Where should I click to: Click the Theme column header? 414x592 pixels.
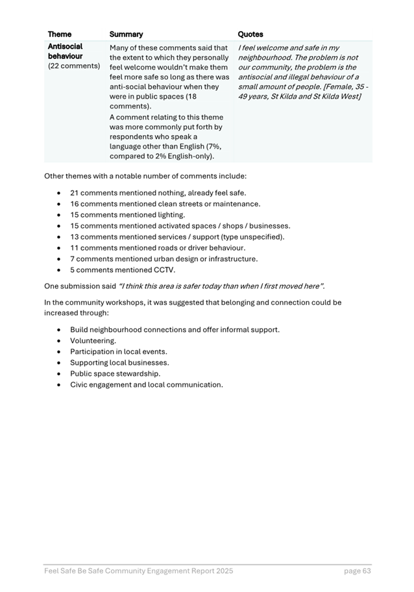point(60,34)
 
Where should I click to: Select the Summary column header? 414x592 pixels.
point(126,34)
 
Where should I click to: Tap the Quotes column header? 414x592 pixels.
point(250,34)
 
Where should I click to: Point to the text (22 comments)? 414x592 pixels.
point(74,66)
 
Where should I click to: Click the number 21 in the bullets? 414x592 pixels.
point(75,193)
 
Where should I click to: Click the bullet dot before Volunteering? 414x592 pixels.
point(60,341)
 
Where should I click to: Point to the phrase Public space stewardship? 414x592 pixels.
point(115,374)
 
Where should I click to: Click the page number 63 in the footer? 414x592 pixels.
point(366,571)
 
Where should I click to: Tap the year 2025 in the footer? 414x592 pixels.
point(222,571)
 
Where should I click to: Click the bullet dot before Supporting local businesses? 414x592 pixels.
point(60,363)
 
